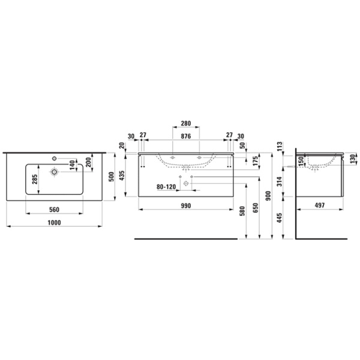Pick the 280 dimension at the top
tap(185, 124)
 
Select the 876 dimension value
tap(185, 136)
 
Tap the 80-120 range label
tap(166, 187)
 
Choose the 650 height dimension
tap(256, 208)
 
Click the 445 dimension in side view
tap(280, 217)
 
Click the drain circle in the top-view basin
tap(54, 172)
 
